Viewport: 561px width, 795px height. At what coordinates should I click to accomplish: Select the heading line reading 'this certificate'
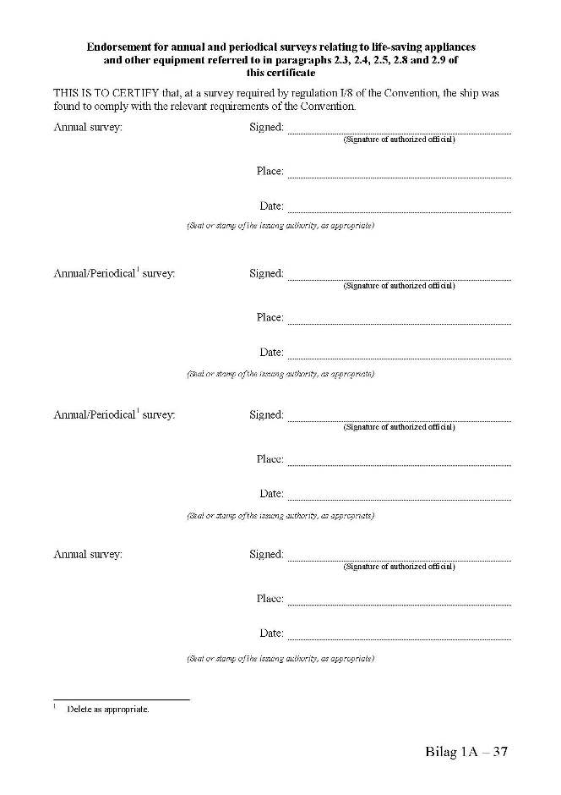(x=280, y=74)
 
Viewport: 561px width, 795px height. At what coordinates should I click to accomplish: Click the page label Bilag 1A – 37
(x=466, y=751)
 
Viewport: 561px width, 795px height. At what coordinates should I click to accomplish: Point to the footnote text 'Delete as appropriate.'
(x=108, y=710)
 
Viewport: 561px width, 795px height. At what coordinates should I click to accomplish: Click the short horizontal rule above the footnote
(x=122, y=699)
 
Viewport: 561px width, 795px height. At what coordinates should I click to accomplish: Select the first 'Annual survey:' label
(x=88, y=128)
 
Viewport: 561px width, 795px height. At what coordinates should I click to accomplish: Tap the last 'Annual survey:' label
(x=88, y=555)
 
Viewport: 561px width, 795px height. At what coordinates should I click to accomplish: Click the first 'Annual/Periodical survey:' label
(x=114, y=274)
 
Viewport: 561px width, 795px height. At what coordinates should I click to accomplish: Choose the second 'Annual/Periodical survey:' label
(x=114, y=415)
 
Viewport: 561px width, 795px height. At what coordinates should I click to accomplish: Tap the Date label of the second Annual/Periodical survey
(x=271, y=494)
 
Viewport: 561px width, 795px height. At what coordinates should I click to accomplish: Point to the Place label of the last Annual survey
(x=270, y=599)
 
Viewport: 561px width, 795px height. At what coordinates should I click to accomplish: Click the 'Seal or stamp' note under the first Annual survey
(x=280, y=227)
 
